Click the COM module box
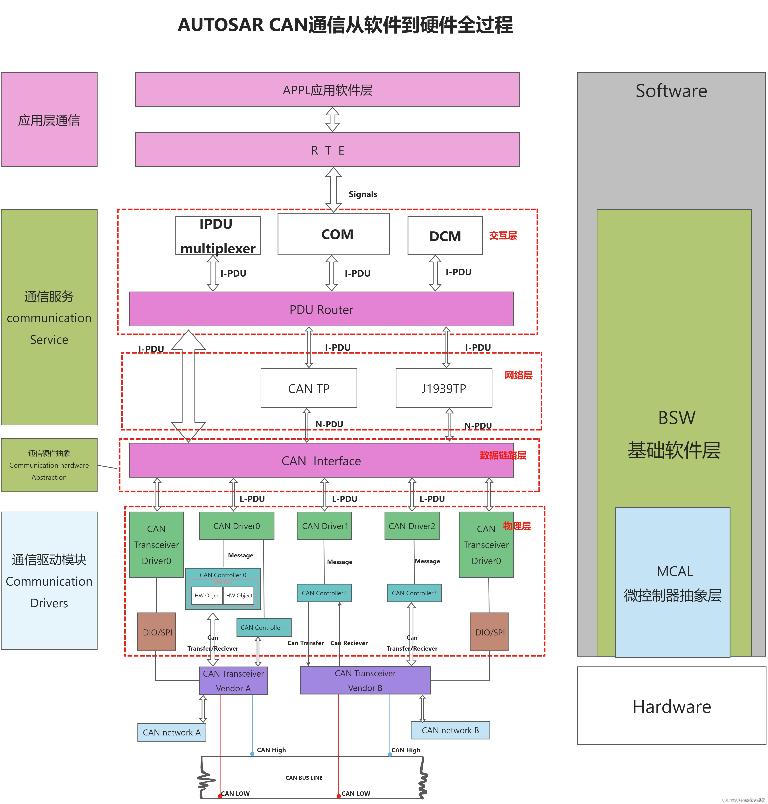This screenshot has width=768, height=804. pos(333,234)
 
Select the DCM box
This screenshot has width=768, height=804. pos(445,236)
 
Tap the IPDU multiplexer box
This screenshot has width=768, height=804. pos(218,236)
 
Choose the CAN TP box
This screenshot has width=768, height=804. pos(309,388)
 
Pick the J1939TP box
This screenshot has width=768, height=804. pos(444,388)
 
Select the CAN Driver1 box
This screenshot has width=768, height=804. pos(324,526)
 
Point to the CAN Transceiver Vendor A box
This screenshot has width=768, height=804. pos(233,681)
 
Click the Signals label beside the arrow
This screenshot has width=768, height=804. pos(363,194)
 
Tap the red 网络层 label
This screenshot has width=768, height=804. pos(518,375)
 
